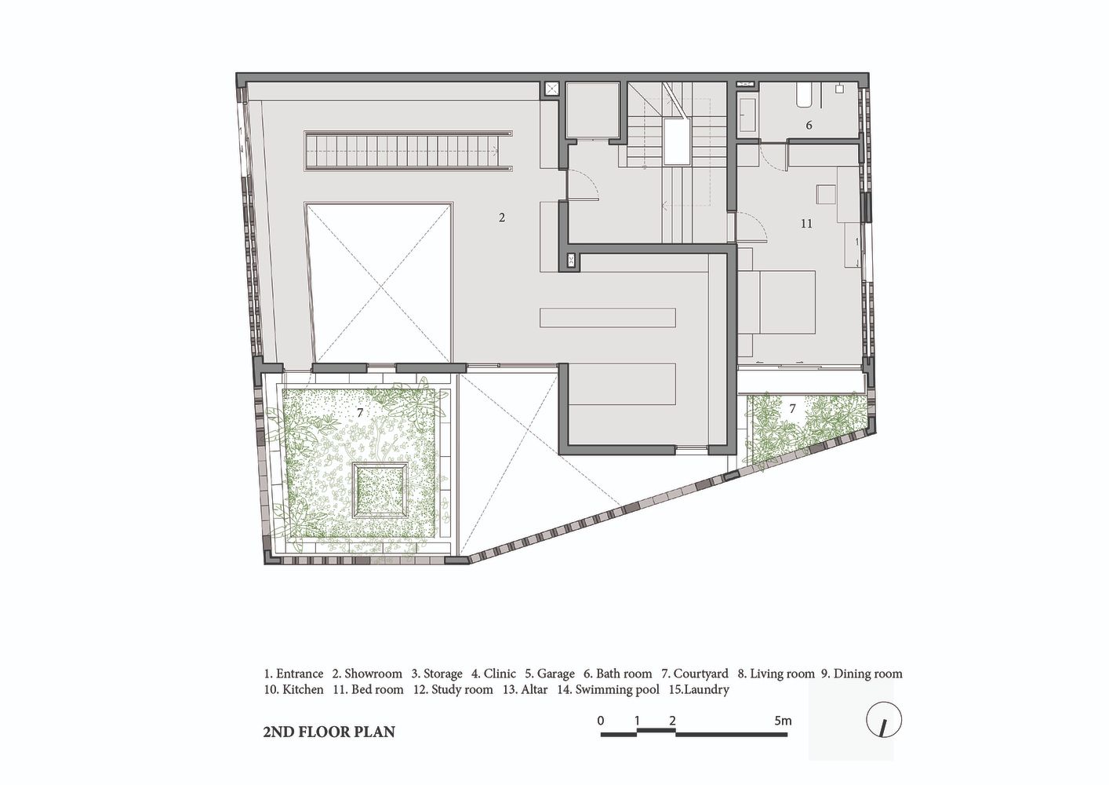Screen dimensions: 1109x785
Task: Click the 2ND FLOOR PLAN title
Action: click(x=329, y=732)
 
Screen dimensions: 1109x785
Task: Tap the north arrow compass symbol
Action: click(x=884, y=720)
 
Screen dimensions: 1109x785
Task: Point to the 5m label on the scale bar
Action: click(x=783, y=721)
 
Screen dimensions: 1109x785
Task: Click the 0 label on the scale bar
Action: click(x=601, y=721)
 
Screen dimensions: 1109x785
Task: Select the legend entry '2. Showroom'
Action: click(x=367, y=674)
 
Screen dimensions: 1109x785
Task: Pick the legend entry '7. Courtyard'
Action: click(x=695, y=674)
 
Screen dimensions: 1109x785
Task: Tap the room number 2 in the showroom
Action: click(x=501, y=217)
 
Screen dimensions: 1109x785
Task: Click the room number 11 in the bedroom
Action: click(x=806, y=224)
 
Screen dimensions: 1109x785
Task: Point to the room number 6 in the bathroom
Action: click(x=809, y=125)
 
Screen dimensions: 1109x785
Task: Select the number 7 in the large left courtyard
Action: click(x=360, y=412)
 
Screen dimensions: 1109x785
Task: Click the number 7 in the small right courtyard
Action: click(x=793, y=409)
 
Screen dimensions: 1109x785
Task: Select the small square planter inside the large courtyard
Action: click(x=380, y=490)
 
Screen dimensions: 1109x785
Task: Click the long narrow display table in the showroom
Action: click(x=608, y=317)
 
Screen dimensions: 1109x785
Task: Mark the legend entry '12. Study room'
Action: click(x=453, y=690)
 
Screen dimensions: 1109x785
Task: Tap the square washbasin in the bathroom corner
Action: click(x=840, y=89)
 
